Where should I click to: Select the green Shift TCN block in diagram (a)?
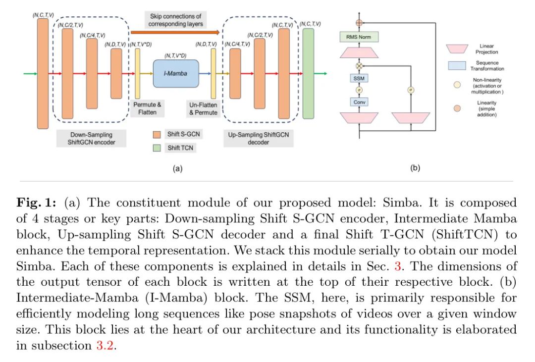click(308, 73)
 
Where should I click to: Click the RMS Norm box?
click(359, 37)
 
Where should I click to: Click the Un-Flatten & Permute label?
click(204, 108)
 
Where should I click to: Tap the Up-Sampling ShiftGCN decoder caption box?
click(258, 139)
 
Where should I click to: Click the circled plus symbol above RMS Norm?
click(359, 22)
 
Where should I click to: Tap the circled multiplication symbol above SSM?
click(359, 65)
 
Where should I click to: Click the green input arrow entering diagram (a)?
click(30, 74)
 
